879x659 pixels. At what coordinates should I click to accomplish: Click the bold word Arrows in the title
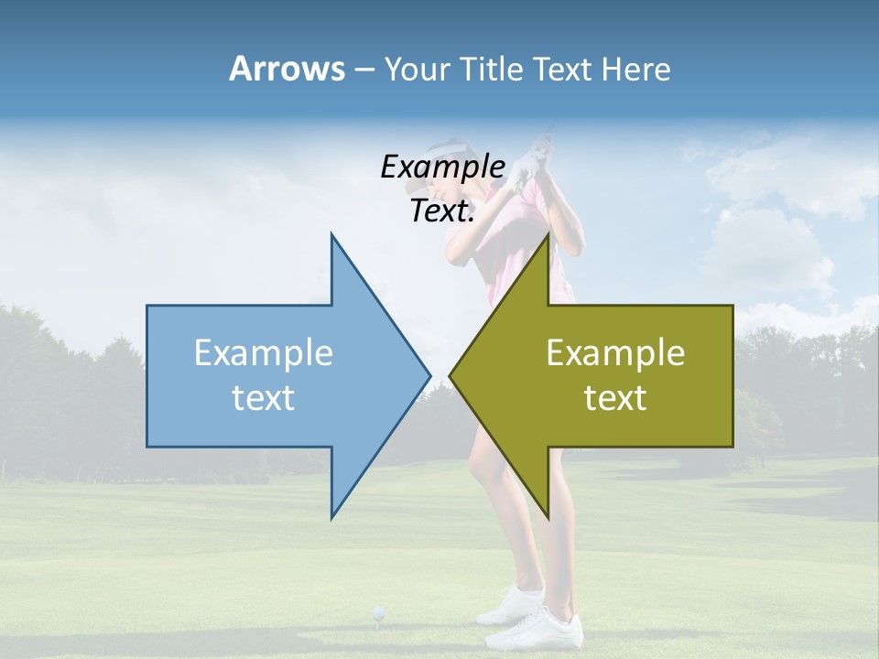tap(287, 69)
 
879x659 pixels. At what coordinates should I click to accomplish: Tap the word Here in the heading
tap(636, 69)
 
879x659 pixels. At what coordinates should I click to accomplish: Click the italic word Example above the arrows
tap(442, 167)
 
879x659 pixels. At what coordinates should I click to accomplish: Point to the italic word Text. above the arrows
tap(442, 211)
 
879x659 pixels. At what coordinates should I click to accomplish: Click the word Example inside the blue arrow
tap(263, 353)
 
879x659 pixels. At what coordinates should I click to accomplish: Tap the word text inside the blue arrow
tap(263, 398)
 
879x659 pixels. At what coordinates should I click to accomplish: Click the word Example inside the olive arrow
tap(615, 353)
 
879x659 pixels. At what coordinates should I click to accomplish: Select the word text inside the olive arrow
tap(615, 398)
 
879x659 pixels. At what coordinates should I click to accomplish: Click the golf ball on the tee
tap(377, 611)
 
